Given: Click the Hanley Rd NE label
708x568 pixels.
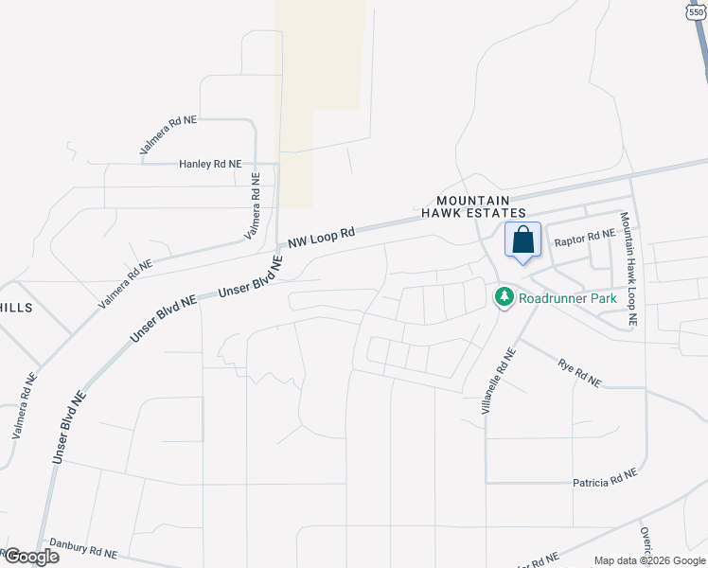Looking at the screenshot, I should (x=210, y=164).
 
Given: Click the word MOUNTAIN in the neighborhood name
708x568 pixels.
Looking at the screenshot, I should (x=472, y=201).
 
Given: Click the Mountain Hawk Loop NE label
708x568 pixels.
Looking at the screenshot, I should (x=628, y=269).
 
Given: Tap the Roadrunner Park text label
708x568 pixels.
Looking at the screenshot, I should (x=568, y=298).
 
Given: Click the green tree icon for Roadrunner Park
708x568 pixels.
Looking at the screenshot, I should (x=504, y=297).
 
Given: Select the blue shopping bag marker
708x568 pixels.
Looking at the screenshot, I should (x=522, y=241).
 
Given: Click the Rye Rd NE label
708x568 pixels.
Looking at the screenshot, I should (x=579, y=372).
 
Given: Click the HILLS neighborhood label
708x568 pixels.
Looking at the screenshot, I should (x=16, y=309).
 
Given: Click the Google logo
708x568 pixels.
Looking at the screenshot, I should (x=30, y=556).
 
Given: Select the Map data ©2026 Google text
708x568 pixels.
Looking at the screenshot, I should (x=650, y=560).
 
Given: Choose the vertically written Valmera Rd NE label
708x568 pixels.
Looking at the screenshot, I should (x=255, y=204).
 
